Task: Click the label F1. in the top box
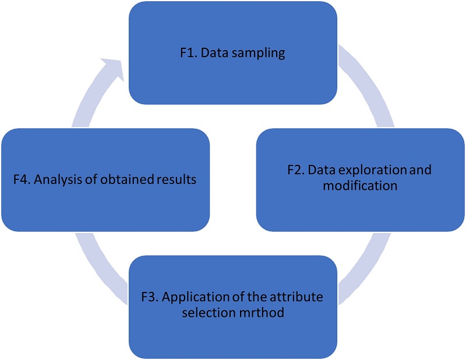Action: tap(188, 54)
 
